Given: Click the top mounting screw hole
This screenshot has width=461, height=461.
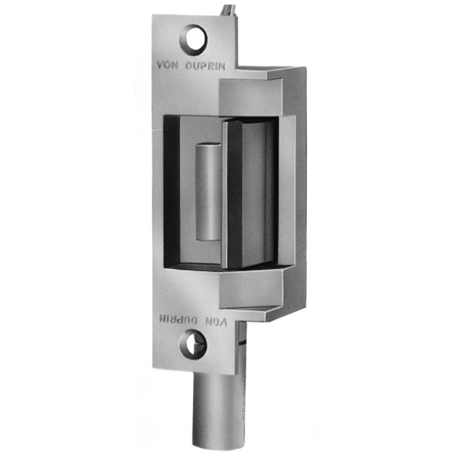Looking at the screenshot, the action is (193, 40).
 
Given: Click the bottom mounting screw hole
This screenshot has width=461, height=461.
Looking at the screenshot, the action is (193, 344).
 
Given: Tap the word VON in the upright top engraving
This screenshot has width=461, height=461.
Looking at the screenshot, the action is (167, 65).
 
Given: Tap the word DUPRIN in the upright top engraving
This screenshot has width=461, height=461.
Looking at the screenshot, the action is (205, 66).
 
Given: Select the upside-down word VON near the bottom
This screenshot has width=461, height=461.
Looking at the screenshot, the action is (216, 322).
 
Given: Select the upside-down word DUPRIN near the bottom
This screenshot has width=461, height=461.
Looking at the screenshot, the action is (178, 320).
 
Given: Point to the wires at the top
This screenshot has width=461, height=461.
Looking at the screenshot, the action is (228, 11).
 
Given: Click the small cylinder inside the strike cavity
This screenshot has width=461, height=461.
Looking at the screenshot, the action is (208, 192).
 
